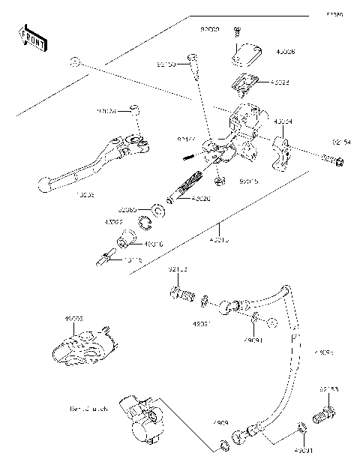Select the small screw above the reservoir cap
(x=236, y=31)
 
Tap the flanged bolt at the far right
(x=331, y=160)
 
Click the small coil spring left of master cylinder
(x=188, y=156)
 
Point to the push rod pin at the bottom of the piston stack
(x=104, y=259)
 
